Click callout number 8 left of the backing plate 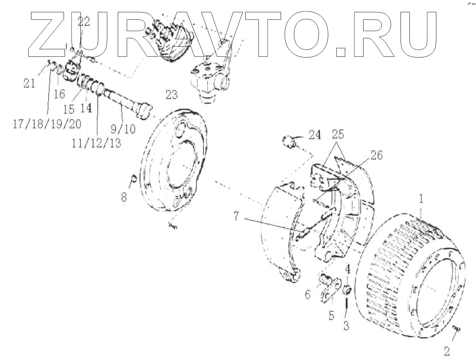[124, 197]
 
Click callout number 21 [29, 84]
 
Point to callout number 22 [84, 22]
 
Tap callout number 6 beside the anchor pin [308, 294]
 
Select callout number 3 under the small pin [346, 325]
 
